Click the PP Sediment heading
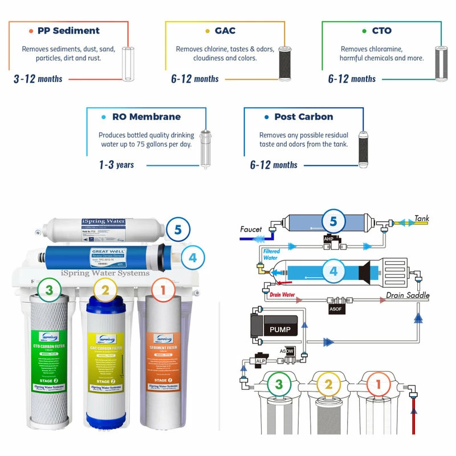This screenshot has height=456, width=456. coord(68,31)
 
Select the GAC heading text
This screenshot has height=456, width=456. coord(225,31)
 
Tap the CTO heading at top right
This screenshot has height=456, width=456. coord(381,31)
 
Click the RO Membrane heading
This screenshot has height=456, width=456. coord(146,117)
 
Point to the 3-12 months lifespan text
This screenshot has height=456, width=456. coord(38,79)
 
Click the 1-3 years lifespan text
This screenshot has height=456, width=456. coord(116,165)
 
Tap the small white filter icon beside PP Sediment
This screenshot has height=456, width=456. coord(128,62)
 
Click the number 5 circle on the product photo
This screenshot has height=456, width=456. coord(178,230)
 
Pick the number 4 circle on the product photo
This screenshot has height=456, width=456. coord(193,258)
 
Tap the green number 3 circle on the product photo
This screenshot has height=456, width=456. coord(50,291)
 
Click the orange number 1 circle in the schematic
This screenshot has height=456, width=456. coord(378,385)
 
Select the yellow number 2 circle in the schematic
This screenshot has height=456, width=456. coord(328,385)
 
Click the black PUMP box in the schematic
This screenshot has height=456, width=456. coord(280,329)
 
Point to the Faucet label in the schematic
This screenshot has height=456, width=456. coord(251,229)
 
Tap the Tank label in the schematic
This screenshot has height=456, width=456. coord(422,218)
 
